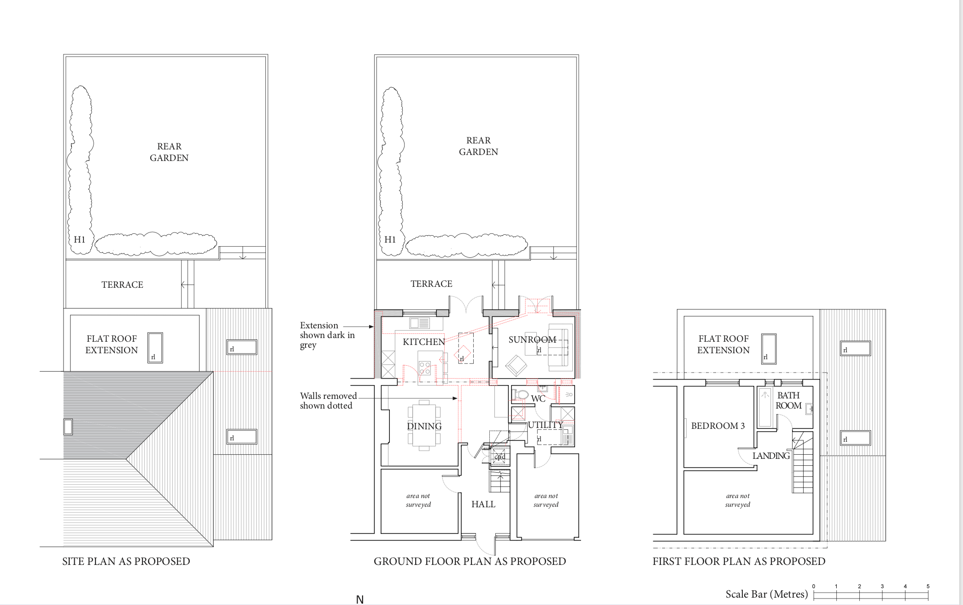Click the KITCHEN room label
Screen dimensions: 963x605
coord(424,342)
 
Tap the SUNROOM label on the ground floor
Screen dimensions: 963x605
coord(532,339)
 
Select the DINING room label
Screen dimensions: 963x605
coord(424,426)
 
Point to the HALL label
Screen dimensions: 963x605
coord(483,504)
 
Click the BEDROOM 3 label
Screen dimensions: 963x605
coord(718,426)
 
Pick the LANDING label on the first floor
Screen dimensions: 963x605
coord(771,456)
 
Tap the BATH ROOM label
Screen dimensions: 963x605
coord(788,400)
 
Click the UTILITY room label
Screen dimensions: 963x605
coord(546,425)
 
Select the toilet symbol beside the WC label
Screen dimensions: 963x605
coord(520,395)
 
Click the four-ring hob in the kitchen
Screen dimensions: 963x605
coord(424,368)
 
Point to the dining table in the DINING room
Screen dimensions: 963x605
coord(424,425)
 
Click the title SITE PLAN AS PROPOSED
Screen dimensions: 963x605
coord(126,561)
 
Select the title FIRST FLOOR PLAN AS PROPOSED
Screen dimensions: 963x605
coord(739,561)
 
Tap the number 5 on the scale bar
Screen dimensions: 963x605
coord(928,586)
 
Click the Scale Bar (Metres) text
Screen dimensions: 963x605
coord(767,594)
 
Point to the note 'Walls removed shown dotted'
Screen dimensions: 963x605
coord(329,401)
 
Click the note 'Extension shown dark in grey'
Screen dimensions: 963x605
coord(327,335)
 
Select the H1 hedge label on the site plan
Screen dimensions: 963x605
coord(79,239)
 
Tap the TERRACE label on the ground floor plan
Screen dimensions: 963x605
coord(431,284)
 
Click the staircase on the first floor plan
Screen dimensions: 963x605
coord(803,462)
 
